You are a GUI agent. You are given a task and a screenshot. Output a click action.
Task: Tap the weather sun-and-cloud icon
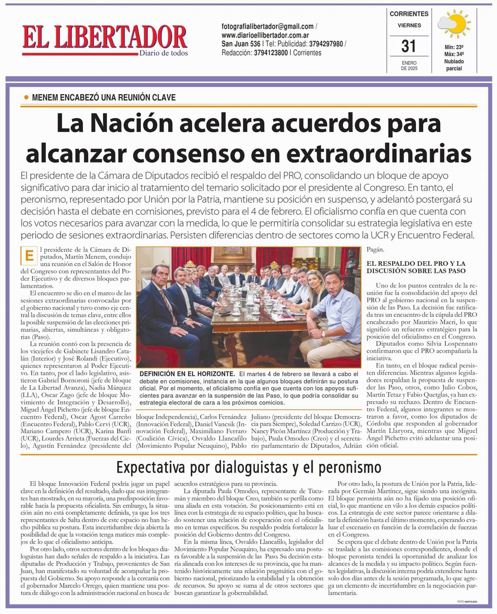(x=454, y=26)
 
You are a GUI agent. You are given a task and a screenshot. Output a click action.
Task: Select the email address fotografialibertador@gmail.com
(x=268, y=26)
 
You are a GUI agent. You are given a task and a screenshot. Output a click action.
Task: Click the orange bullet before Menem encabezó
(x=26, y=98)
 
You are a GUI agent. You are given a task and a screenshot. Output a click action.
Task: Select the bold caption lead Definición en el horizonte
(x=187, y=374)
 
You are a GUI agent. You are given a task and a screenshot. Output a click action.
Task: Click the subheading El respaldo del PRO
(x=416, y=267)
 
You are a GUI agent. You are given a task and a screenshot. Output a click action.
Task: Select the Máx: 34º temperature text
(x=454, y=54)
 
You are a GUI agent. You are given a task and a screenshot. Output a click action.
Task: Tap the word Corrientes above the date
(x=409, y=14)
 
